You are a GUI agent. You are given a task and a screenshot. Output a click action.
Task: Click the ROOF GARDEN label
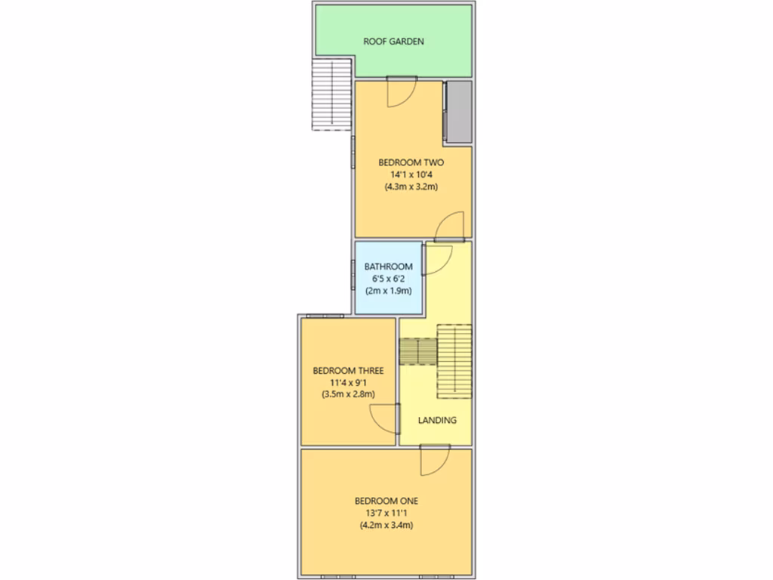pyautogui.click(x=393, y=42)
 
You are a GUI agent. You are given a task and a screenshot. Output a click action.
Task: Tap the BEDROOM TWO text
pyautogui.click(x=411, y=162)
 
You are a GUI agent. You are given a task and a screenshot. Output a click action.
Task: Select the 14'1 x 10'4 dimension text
pyautogui.click(x=411, y=174)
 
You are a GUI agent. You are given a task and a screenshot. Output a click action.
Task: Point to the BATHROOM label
pyautogui.click(x=388, y=267)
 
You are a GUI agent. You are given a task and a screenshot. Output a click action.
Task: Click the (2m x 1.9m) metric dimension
pyautogui.click(x=388, y=291)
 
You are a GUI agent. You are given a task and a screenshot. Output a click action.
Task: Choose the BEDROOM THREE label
pyautogui.click(x=348, y=371)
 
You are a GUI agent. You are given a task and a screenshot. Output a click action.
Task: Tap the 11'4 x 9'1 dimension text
pyautogui.click(x=348, y=382)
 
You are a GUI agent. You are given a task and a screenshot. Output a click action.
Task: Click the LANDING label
pyautogui.click(x=437, y=420)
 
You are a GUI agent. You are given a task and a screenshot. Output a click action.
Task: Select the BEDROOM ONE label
pyautogui.click(x=386, y=501)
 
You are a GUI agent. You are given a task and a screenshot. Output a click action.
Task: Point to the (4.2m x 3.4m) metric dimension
pyautogui.click(x=386, y=525)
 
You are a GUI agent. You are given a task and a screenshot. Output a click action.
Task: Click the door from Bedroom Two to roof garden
pyautogui.click(x=401, y=91)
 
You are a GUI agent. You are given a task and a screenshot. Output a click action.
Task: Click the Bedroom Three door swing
pyautogui.click(x=384, y=418)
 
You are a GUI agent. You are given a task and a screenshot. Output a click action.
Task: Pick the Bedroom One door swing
pyautogui.click(x=435, y=460)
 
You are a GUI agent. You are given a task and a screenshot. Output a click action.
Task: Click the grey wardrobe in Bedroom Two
pyautogui.click(x=458, y=112)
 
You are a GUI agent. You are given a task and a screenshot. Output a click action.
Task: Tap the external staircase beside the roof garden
pyautogui.click(x=332, y=95)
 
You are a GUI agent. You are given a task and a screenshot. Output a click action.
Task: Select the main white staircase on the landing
pyautogui.click(x=454, y=360)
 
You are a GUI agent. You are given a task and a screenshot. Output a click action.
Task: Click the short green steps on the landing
pyautogui.click(x=417, y=352)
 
